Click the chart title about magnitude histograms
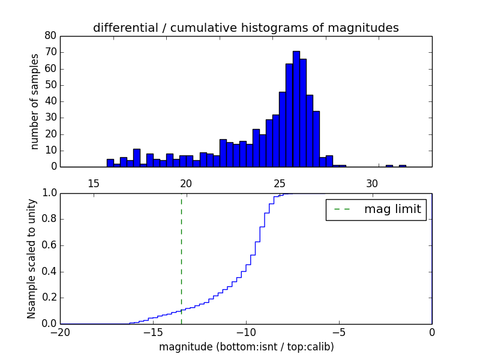pos(245,28)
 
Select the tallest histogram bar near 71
pos(296,108)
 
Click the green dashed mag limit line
pos(181,258)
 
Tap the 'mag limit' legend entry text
pos(392,209)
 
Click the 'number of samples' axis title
pos(35,101)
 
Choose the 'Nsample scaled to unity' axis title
pos(31,259)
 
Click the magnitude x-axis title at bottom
pos(246,347)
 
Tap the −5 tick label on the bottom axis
pos(339,332)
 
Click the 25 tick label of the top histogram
pos(280,183)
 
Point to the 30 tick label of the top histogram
pos(373,183)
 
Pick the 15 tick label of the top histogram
pos(94,183)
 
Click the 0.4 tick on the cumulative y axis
pos(50,272)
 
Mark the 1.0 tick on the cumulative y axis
pos(50,193)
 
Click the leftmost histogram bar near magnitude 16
pos(110,163)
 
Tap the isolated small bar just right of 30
pos(389,166)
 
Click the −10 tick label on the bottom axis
pos(246,332)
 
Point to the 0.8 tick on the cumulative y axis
pos(50,220)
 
